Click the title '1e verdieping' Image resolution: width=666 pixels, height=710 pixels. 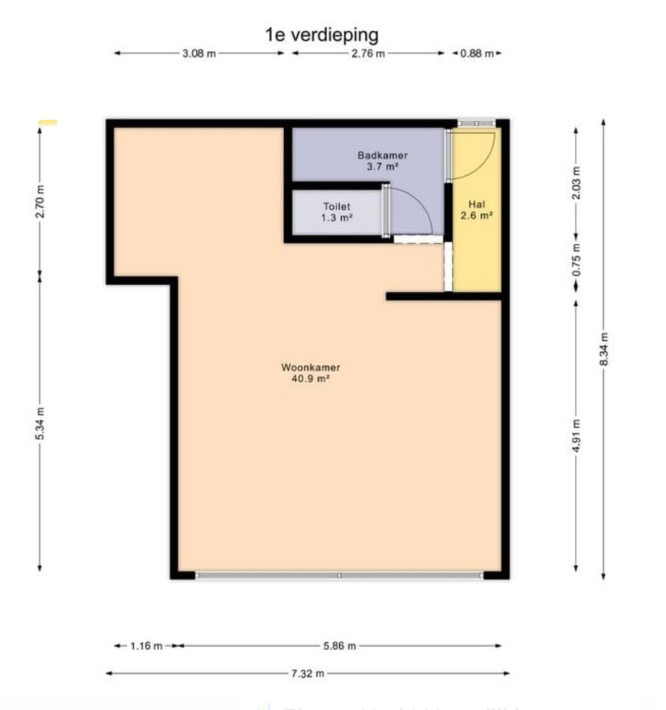point(321,34)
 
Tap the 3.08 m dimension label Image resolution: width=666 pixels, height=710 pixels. point(199,53)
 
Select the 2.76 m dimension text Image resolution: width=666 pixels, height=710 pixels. point(368,53)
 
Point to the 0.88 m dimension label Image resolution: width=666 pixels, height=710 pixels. point(477,53)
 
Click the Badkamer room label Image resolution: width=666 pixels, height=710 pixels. point(382,156)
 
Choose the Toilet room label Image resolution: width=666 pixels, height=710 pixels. point(336,206)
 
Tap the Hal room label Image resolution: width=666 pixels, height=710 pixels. point(477,205)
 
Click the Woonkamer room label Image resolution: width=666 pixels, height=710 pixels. point(310,367)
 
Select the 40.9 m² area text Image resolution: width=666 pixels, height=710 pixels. point(310,379)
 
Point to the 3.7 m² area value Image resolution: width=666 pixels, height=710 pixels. point(382,167)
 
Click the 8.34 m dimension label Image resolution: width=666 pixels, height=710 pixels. point(604,349)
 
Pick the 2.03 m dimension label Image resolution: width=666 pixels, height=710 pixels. point(577,182)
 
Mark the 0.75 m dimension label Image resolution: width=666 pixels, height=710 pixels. point(577,260)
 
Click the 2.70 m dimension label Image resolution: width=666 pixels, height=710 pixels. point(40,201)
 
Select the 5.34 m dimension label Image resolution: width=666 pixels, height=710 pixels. point(40,424)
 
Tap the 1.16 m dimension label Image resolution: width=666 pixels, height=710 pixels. point(146,646)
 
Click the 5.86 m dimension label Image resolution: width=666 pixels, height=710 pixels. point(340,646)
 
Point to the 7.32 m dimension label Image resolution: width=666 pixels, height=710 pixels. point(308,673)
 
